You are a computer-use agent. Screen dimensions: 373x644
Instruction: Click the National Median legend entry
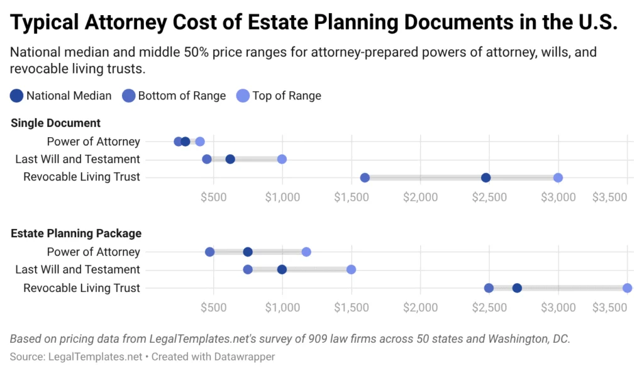coord(61,96)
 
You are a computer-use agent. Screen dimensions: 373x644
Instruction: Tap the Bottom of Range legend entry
coord(174,96)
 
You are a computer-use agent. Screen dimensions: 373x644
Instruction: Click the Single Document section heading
coord(56,123)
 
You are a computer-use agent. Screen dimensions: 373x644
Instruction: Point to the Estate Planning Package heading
coord(76,233)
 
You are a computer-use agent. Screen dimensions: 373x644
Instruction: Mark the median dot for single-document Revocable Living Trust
coord(486,178)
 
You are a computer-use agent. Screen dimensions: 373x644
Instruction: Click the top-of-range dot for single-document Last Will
coord(282,159)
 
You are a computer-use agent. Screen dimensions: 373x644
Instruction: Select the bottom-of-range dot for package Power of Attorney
coord(210,252)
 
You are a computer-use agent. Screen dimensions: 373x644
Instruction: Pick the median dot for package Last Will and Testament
coord(282,270)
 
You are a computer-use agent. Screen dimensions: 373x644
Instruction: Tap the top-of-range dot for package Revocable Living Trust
coord(627,288)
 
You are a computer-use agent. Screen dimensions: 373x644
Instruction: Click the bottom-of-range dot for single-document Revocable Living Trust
coord(365,178)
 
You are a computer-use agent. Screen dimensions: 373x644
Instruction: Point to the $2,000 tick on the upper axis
coord(420,198)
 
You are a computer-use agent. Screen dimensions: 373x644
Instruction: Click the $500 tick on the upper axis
coord(213,198)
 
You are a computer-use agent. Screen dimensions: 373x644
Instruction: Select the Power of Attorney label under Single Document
coord(94,142)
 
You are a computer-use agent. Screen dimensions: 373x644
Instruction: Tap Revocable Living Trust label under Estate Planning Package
coord(82,288)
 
